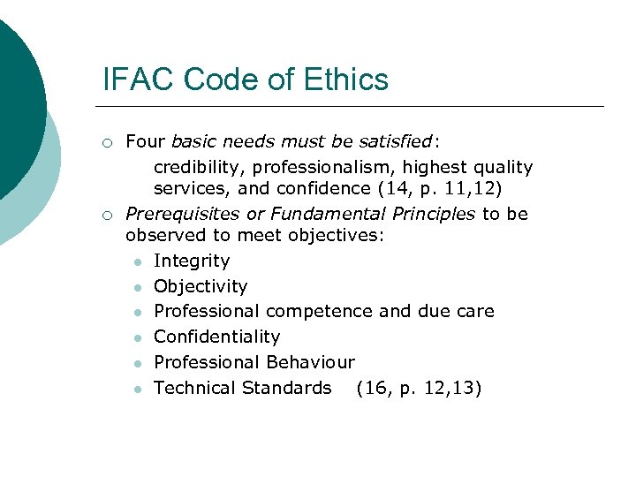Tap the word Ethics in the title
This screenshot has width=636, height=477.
click(x=348, y=79)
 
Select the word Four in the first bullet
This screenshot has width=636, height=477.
click(x=146, y=140)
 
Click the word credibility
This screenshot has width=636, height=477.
click(x=197, y=166)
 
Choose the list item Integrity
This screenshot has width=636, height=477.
click(x=191, y=261)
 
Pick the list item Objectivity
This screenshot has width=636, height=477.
click(x=201, y=286)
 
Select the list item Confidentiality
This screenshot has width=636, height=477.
click(x=216, y=337)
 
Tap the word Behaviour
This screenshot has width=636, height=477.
click(x=309, y=362)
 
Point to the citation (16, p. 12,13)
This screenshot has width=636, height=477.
click(x=419, y=388)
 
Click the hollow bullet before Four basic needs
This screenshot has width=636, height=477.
click(x=106, y=141)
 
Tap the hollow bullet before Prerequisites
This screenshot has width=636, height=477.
click(x=106, y=215)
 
